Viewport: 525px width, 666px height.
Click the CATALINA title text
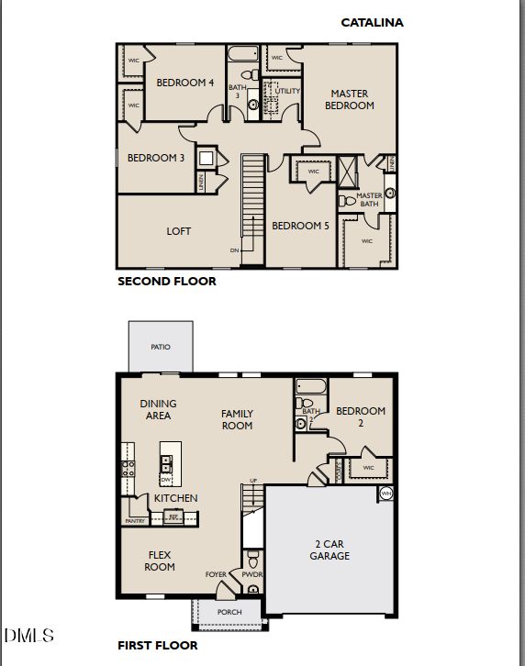coord(372,22)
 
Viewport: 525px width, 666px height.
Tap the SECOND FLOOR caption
coord(167,282)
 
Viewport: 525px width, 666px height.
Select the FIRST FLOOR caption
coord(157,646)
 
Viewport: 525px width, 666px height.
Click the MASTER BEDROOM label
coord(350,99)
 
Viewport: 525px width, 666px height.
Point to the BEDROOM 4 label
coord(185,83)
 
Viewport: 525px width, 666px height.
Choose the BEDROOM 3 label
coord(156,158)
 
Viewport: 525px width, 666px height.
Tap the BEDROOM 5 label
coord(300,226)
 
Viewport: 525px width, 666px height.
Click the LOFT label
coord(179,231)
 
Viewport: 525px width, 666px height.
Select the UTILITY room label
coord(288,91)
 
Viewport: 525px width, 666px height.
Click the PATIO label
coord(161,348)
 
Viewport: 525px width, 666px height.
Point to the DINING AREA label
coord(158,410)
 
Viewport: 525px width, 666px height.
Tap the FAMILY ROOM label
coord(237,420)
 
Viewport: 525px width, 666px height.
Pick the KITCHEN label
coord(175,498)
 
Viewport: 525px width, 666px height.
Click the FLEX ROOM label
coord(160,561)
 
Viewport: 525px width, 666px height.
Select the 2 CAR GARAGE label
coord(330,549)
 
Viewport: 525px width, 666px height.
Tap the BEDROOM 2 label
coord(360,417)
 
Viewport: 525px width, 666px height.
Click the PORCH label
coord(229,612)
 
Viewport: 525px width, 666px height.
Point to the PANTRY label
coord(135,521)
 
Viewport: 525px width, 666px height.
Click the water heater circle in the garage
coord(385,494)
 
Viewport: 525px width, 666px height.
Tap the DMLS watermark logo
coord(29,636)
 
